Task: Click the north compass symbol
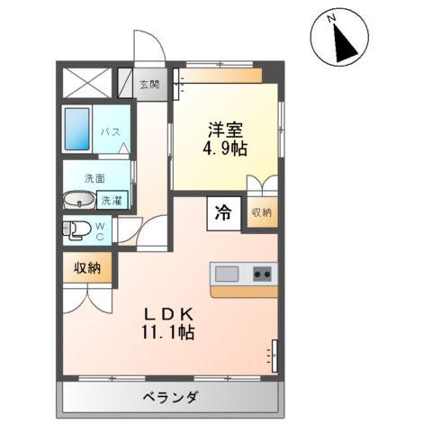[x=341, y=37]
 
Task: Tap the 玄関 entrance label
[x=150, y=85]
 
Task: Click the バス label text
[x=110, y=132]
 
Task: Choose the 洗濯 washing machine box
[x=112, y=201]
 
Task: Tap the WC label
[x=100, y=230]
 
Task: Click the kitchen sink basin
[x=226, y=274]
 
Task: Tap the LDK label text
[x=171, y=313]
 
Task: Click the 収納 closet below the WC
[x=88, y=267]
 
